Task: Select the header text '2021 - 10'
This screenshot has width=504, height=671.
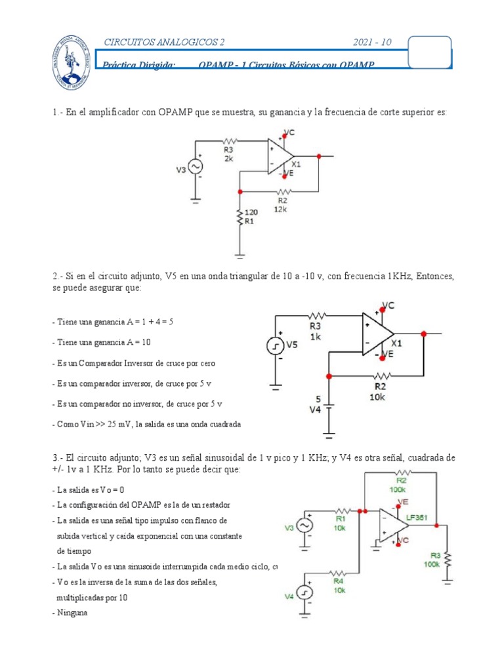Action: click(372, 43)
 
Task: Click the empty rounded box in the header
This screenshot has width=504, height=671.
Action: click(430, 51)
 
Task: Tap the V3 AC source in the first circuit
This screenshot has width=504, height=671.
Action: click(196, 168)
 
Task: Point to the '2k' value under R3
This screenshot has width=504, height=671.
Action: click(228, 159)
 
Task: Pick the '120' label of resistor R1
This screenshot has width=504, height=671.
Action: click(251, 213)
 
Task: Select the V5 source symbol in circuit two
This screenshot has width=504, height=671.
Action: click(275, 346)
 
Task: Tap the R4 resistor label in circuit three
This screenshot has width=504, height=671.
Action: click(339, 581)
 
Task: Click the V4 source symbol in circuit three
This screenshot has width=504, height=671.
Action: click(305, 592)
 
